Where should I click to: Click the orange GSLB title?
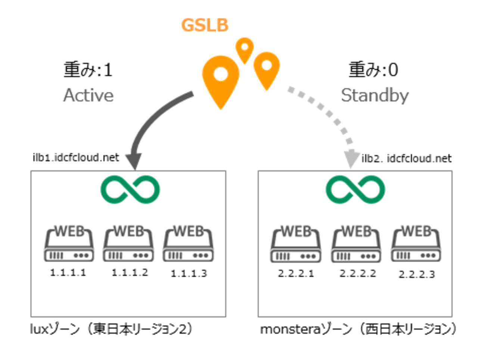coord(205,25)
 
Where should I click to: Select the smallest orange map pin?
coord(245,49)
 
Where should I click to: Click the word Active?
coord(88,96)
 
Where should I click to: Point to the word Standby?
coord(375,96)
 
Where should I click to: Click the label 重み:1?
coord(88,70)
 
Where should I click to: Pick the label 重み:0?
coord(373,70)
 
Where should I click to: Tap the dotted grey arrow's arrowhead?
coord(351,159)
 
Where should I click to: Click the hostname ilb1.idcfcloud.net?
coord(76,157)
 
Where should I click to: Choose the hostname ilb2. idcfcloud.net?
coord(406,159)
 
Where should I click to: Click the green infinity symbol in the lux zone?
coord(130,190)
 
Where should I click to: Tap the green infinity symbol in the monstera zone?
coord(355,190)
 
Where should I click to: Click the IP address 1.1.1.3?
coord(189,274)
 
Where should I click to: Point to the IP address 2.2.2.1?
coord(296,274)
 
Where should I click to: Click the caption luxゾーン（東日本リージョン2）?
coord(112,329)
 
